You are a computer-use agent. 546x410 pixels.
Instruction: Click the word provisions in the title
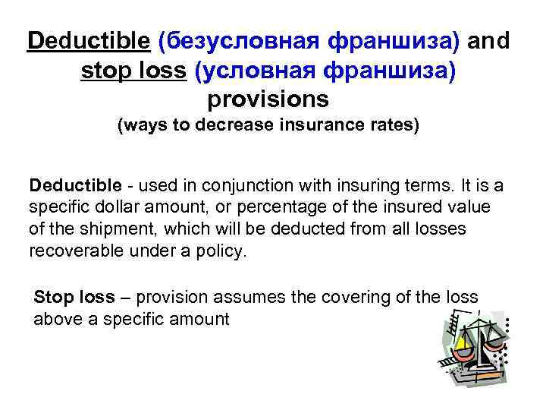tap(268, 99)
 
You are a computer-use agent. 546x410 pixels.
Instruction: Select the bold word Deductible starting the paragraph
tap(75, 185)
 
